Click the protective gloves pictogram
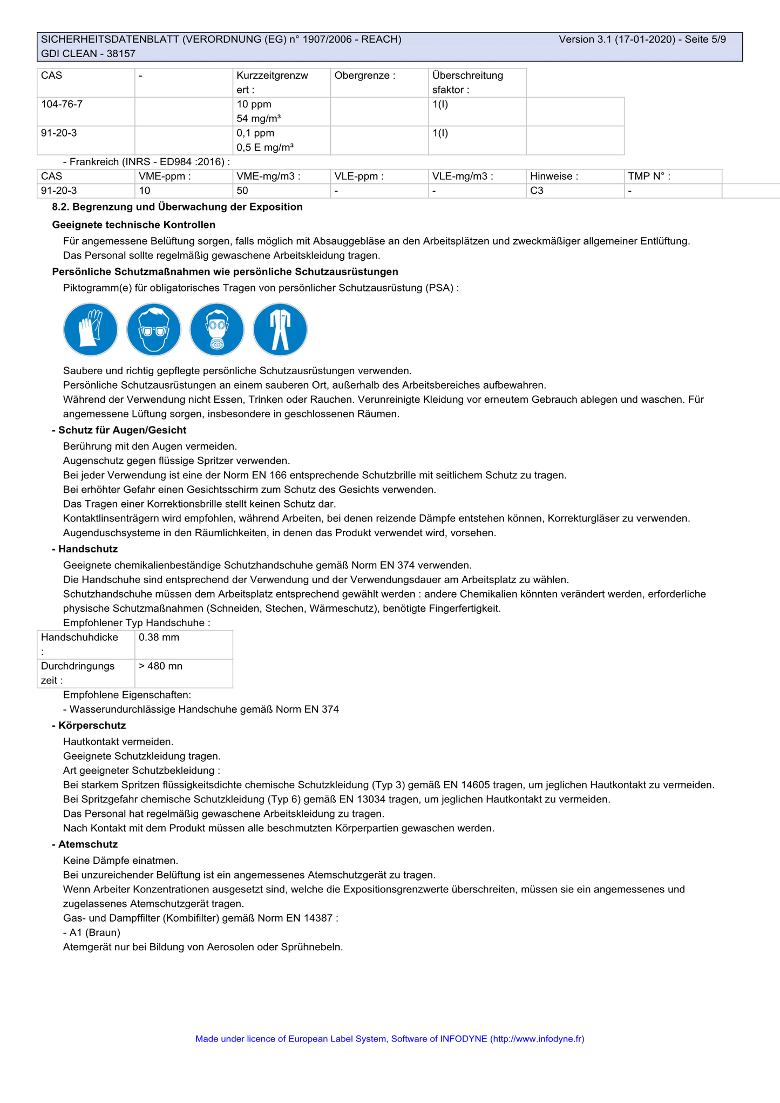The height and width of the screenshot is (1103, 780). pos(91,329)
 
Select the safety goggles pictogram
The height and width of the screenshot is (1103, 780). pos(154,329)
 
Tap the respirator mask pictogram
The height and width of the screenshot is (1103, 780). pos(217,329)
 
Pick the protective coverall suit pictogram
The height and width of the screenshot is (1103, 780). pos(280,329)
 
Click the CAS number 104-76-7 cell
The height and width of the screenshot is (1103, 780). pos(62,104)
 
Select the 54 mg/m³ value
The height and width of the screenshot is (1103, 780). pos(259,119)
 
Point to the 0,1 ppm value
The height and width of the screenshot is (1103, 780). pos(255,133)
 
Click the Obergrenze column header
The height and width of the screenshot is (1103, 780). pos(365,76)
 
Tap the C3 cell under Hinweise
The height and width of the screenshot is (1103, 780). pos(537,191)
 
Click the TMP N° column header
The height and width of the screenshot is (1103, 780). pos(649,176)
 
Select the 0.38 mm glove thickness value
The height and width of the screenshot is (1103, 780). pos(159,637)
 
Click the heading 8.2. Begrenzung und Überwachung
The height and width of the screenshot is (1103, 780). pos(177,207)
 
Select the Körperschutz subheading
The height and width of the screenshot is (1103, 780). pos(92,726)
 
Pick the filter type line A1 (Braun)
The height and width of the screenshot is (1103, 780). pos(92,932)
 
